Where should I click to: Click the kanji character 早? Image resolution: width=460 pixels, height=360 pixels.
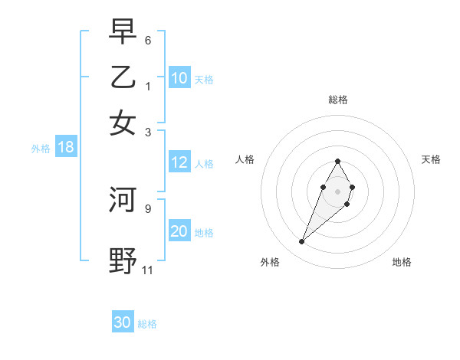coord(123,32)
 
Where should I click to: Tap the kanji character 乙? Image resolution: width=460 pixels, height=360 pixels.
coord(123,77)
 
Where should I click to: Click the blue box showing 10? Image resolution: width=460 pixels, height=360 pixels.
coord(179,77)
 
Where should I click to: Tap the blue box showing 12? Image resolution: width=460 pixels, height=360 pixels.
coord(179,162)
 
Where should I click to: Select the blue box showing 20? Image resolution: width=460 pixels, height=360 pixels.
coord(179,231)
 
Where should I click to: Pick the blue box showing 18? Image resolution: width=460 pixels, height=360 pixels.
coord(66,147)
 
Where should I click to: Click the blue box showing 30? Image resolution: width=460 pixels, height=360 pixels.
coord(123,322)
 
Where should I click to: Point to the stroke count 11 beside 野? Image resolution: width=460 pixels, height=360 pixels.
coord(148,270)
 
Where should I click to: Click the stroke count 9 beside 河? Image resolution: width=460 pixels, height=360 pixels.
coord(148,208)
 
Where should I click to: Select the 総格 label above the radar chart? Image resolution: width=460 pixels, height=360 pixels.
coord(337,100)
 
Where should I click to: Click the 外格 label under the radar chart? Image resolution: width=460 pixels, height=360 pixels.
coord(270,262)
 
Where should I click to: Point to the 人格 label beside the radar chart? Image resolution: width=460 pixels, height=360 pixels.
coord(245,159)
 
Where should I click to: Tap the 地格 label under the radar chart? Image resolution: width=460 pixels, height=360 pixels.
coord(402,262)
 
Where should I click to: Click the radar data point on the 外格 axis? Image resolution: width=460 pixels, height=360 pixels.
coord(301,242)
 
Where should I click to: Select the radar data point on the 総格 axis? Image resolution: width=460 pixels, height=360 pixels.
coord(337,161)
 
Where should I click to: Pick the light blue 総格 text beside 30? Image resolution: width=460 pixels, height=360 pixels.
coord(147,324)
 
